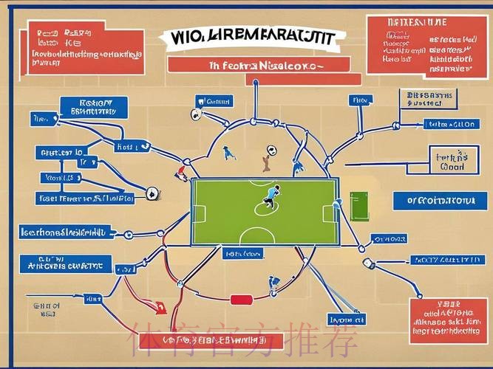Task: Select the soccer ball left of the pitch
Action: tap(152, 194)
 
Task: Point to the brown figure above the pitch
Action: tap(265, 162)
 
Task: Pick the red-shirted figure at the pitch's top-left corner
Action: tap(181, 173)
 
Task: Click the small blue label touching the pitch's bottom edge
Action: tap(242, 253)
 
